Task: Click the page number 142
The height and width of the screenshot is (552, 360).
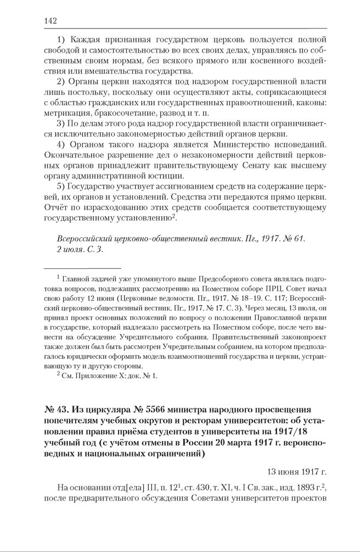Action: pos(50,21)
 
